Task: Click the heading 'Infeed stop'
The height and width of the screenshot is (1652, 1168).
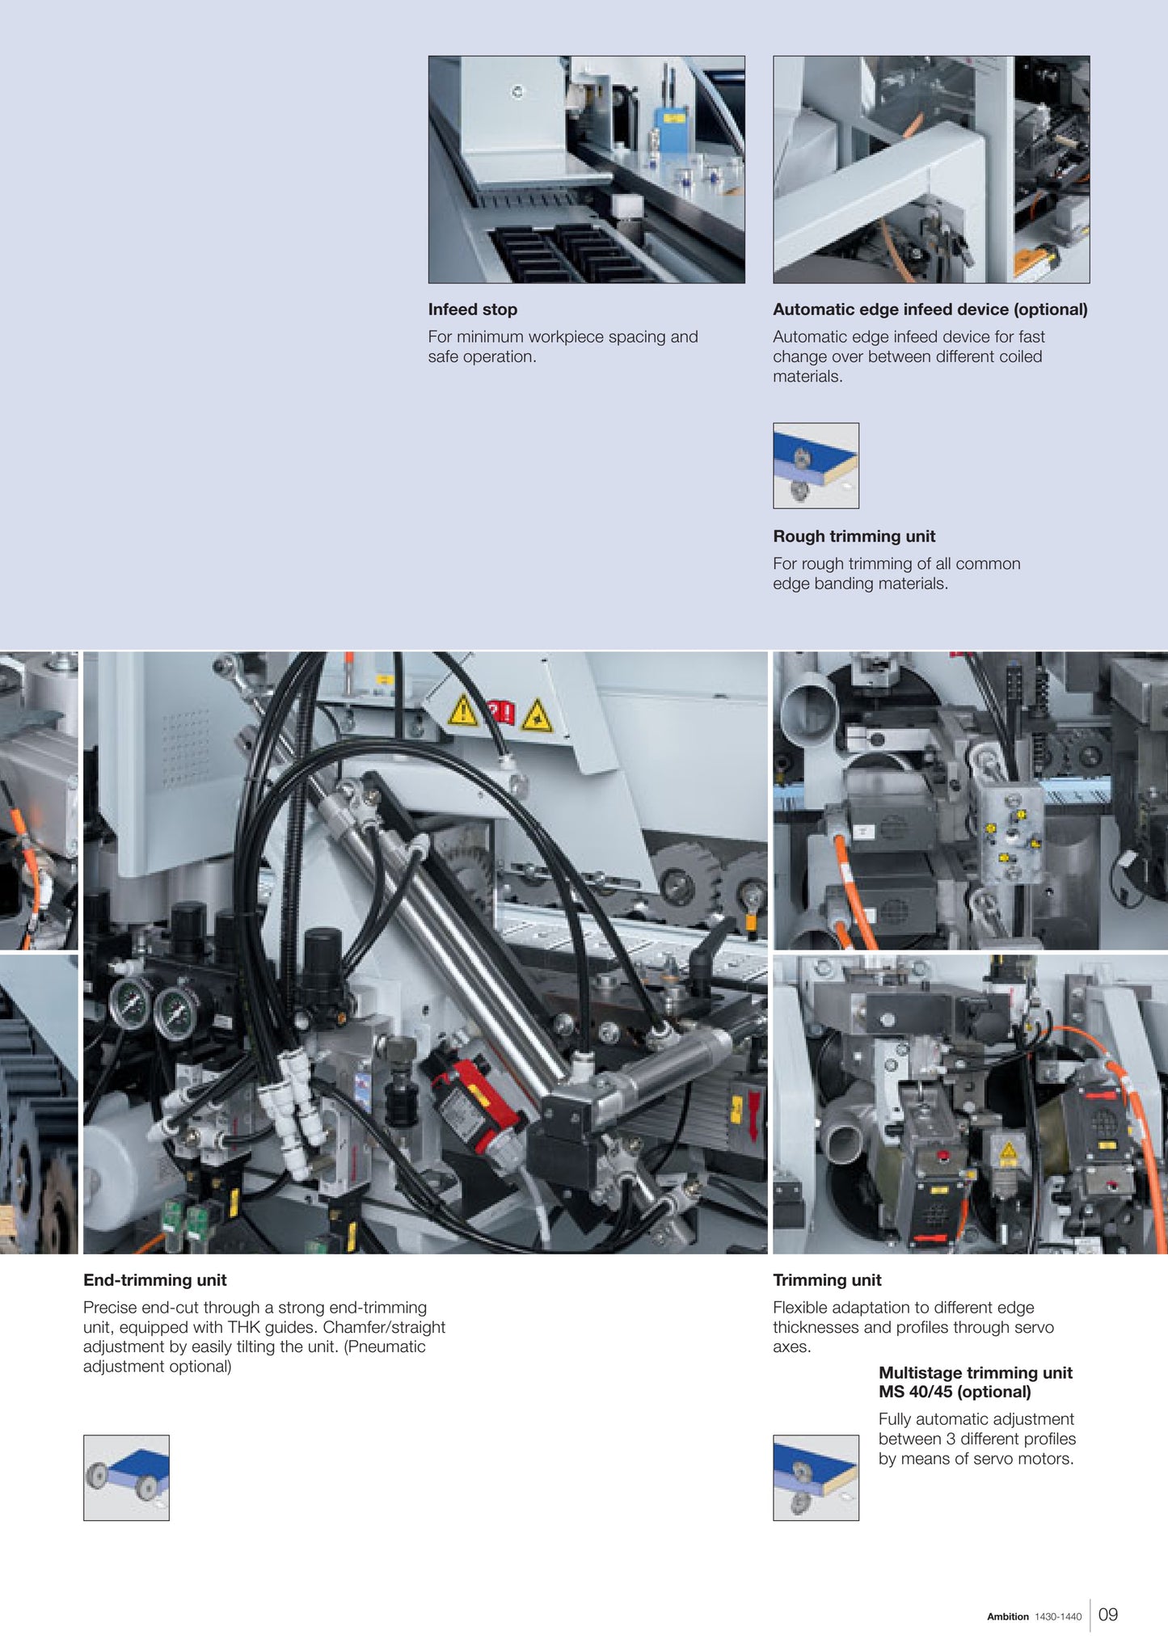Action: [x=473, y=310]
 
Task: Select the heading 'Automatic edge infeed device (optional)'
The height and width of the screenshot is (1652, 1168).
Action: [x=930, y=310]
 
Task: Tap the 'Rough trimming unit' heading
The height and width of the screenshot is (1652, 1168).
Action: [x=854, y=537]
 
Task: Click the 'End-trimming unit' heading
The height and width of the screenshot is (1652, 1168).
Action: [x=155, y=1280]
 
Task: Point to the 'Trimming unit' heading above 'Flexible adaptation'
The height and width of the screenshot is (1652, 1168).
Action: [x=827, y=1280]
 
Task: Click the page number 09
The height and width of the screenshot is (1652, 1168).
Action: [x=1108, y=1615]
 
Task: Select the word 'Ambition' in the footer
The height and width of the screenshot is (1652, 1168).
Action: [x=1008, y=1617]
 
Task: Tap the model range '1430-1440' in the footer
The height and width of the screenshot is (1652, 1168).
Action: [x=1058, y=1617]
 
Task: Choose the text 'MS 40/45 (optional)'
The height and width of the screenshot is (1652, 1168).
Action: [x=955, y=1392]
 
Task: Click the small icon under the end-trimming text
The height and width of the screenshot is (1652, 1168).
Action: [x=126, y=1478]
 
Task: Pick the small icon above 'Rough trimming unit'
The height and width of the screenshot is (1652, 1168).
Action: [x=816, y=466]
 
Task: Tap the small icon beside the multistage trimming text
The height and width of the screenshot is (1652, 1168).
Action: [x=816, y=1478]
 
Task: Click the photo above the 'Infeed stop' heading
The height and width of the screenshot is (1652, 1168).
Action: [x=587, y=170]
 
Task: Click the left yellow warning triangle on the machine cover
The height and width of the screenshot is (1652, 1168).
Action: [x=463, y=711]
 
